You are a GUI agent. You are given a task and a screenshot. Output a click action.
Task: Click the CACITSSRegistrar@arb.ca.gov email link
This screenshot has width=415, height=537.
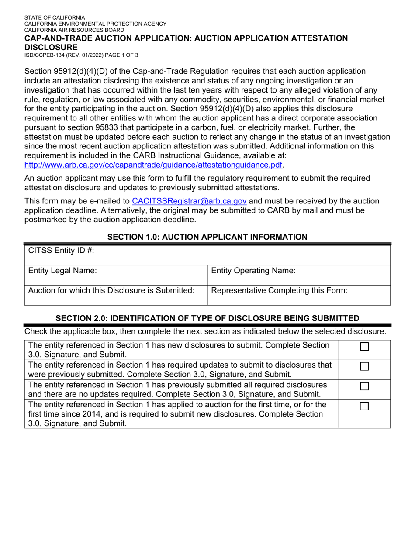pyautogui.click(x=189, y=201)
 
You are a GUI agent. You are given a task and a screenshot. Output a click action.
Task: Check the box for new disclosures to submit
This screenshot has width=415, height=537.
pyautogui.click(x=364, y=347)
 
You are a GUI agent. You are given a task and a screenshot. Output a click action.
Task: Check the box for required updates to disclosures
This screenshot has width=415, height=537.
pyautogui.click(x=364, y=367)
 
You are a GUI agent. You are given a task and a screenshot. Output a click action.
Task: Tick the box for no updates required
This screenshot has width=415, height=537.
pyautogui.click(x=364, y=386)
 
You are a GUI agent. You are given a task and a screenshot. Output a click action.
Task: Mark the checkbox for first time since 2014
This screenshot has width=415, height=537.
pyautogui.click(x=364, y=406)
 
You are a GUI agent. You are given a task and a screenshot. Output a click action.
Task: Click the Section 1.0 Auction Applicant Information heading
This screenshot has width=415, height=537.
pyautogui.click(x=207, y=237)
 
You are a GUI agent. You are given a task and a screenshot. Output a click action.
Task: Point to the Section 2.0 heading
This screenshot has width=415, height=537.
pyautogui.click(x=207, y=318)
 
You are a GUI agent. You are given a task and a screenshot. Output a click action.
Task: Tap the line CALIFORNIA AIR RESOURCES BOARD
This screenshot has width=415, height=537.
pyautogui.click(x=74, y=30)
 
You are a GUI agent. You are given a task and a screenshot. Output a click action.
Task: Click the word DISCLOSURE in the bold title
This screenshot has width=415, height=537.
pyautogui.click(x=51, y=47)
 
